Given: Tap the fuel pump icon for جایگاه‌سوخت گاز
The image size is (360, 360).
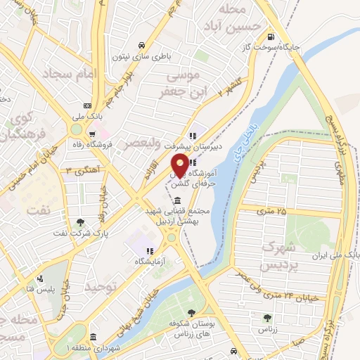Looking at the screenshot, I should pyautogui.click(x=272, y=36).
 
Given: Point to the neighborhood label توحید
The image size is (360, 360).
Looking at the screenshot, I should pyautogui.click(x=98, y=287).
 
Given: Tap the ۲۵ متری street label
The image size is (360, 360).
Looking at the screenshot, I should pyautogui.click(x=271, y=210).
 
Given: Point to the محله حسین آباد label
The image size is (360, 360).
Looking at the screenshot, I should pyautogui.click(x=241, y=17).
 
